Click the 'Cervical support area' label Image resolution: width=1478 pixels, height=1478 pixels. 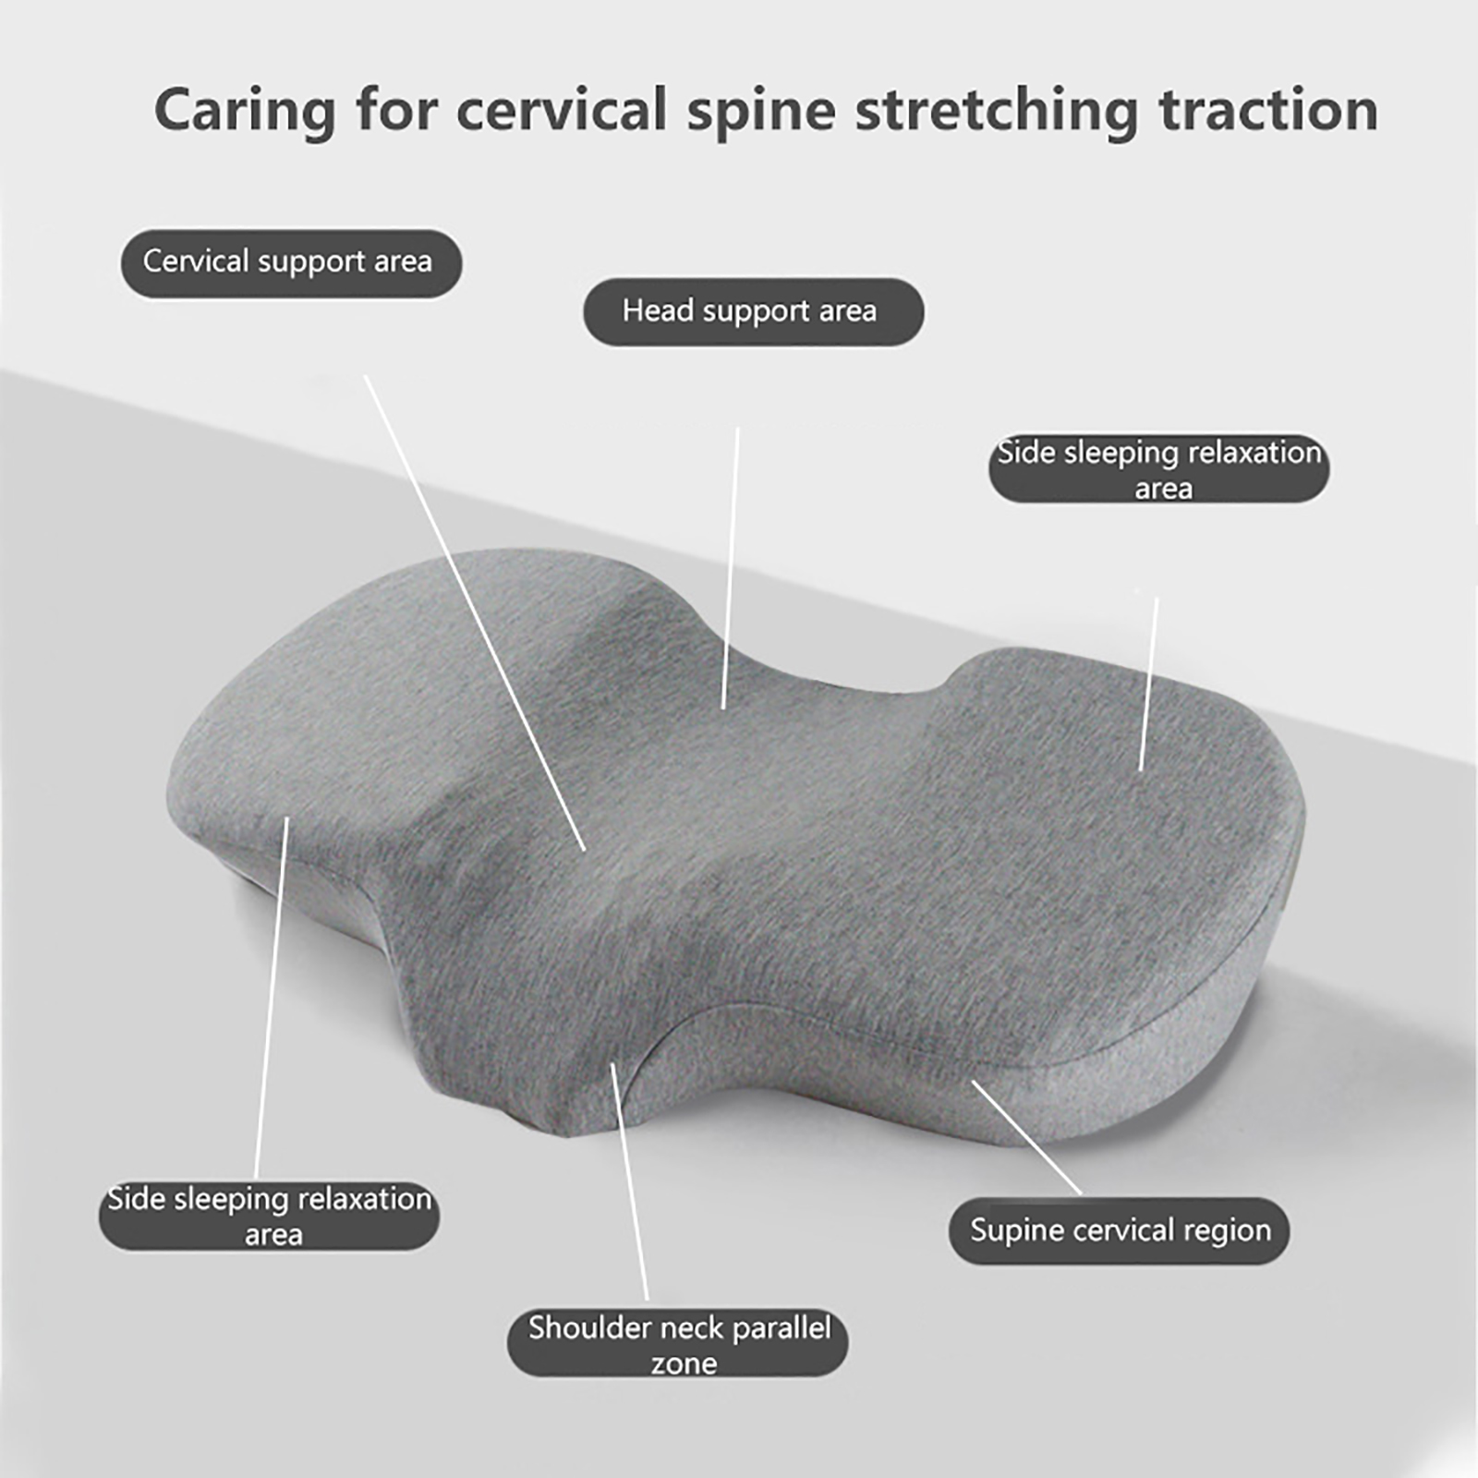[x=291, y=263]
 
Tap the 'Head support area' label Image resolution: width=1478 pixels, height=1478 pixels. [x=753, y=312]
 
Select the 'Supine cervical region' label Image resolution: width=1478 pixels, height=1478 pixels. [x=1119, y=1230]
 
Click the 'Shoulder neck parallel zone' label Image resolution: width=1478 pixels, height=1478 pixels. [x=678, y=1342]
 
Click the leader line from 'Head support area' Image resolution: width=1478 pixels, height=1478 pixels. [x=731, y=568]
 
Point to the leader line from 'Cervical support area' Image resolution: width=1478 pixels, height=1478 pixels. [x=475, y=612]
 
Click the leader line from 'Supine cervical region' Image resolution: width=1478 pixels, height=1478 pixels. [x=1026, y=1137]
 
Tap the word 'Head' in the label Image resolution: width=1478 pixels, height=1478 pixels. [x=658, y=310]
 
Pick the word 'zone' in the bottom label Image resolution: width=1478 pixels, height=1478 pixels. [x=684, y=1363]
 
